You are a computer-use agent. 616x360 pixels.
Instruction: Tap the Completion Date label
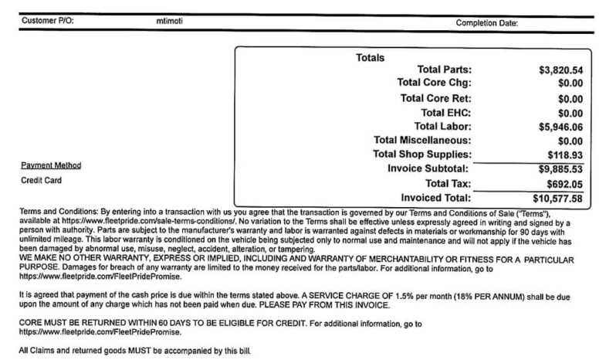tap(487, 22)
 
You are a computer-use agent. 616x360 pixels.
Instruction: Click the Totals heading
tap(370, 57)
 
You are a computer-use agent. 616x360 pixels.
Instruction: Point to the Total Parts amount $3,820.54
tap(560, 70)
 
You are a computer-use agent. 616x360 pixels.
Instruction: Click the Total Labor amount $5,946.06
tap(560, 126)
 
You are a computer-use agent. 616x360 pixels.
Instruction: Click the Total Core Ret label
tap(436, 98)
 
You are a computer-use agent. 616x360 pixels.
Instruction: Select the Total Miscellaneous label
tap(422, 141)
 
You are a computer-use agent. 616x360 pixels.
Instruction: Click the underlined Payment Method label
tap(51, 165)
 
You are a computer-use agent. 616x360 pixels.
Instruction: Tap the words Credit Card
tap(40, 181)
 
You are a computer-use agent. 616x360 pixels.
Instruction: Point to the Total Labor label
tap(443, 126)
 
